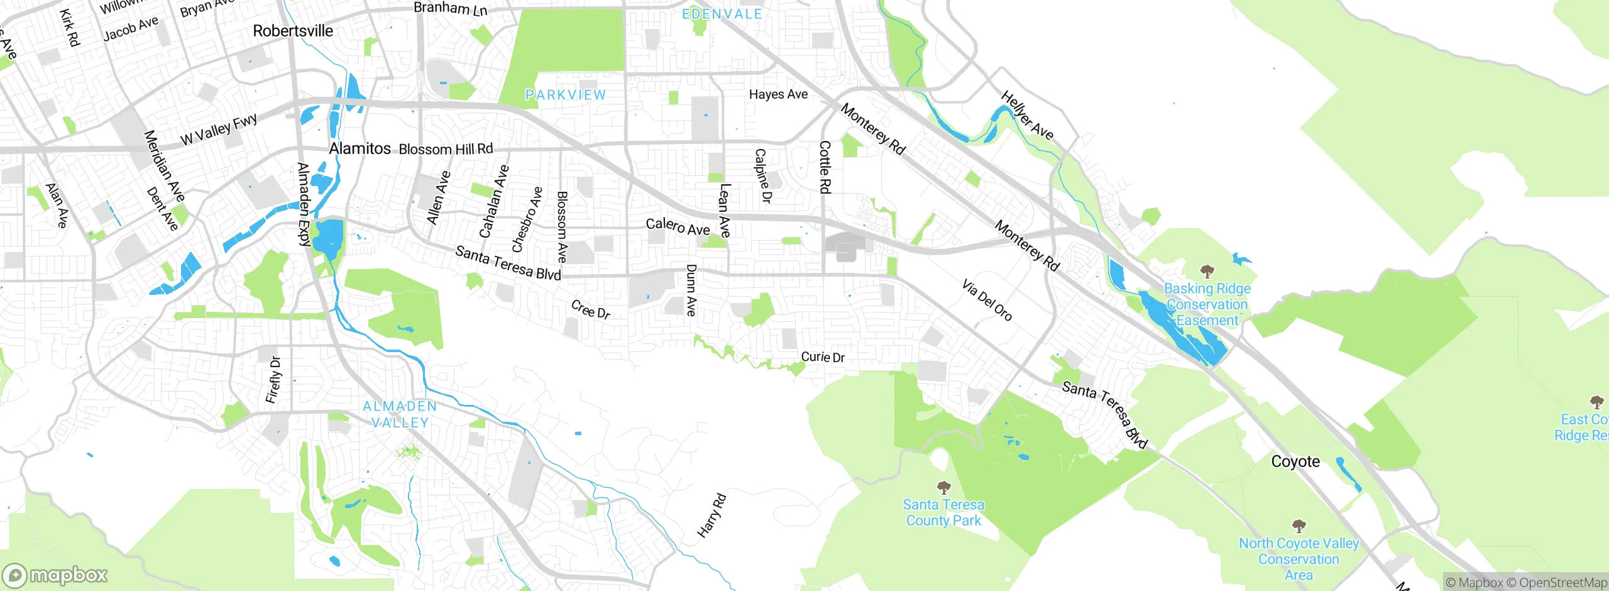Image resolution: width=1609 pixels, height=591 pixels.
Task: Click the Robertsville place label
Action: click(293, 31)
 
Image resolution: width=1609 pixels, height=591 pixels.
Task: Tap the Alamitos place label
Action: click(360, 148)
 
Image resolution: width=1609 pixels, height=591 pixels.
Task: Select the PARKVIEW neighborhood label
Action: click(566, 95)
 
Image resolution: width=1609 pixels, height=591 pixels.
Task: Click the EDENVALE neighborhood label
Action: click(722, 14)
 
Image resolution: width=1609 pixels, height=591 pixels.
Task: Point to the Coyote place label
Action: click(1295, 461)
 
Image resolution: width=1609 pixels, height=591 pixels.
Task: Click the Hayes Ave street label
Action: click(778, 94)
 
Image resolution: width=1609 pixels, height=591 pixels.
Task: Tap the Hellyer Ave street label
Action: click(1027, 115)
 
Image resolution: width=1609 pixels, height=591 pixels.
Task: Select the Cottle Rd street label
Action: click(825, 167)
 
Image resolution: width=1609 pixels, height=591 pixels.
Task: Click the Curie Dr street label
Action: click(823, 357)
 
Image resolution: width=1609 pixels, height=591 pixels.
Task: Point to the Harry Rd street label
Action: click(712, 516)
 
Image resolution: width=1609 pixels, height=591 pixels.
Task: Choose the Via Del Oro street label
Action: click(987, 301)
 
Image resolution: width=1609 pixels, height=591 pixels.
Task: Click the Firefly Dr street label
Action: click(273, 380)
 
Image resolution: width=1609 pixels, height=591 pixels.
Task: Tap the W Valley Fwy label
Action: click(219, 130)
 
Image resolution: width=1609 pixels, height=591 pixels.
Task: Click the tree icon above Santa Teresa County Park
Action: click(943, 487)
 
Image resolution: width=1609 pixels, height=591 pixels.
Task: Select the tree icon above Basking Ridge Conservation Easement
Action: click(1207, 272)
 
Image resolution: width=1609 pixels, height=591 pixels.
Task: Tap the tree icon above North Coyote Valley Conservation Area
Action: click(1299, 526)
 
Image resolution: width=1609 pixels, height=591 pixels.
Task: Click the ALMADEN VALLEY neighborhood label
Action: click(400, 414)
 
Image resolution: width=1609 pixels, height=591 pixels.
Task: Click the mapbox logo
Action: click(55, 575)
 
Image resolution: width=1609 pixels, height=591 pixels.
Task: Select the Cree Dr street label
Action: click(591, 309)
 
